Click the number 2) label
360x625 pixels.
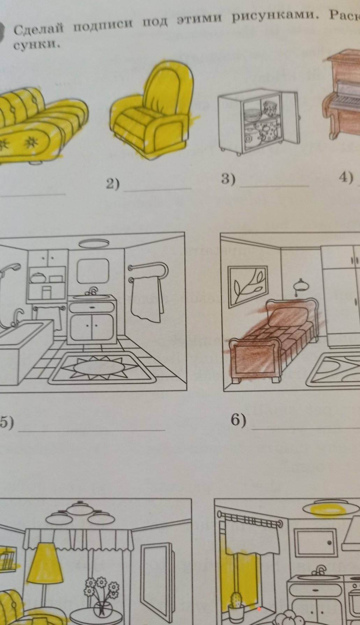(113, 184)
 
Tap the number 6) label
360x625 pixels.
(238, 420)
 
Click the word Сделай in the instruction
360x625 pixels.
(39, 29)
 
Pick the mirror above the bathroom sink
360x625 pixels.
(93, 271)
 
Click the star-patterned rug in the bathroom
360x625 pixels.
(102, 368)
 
